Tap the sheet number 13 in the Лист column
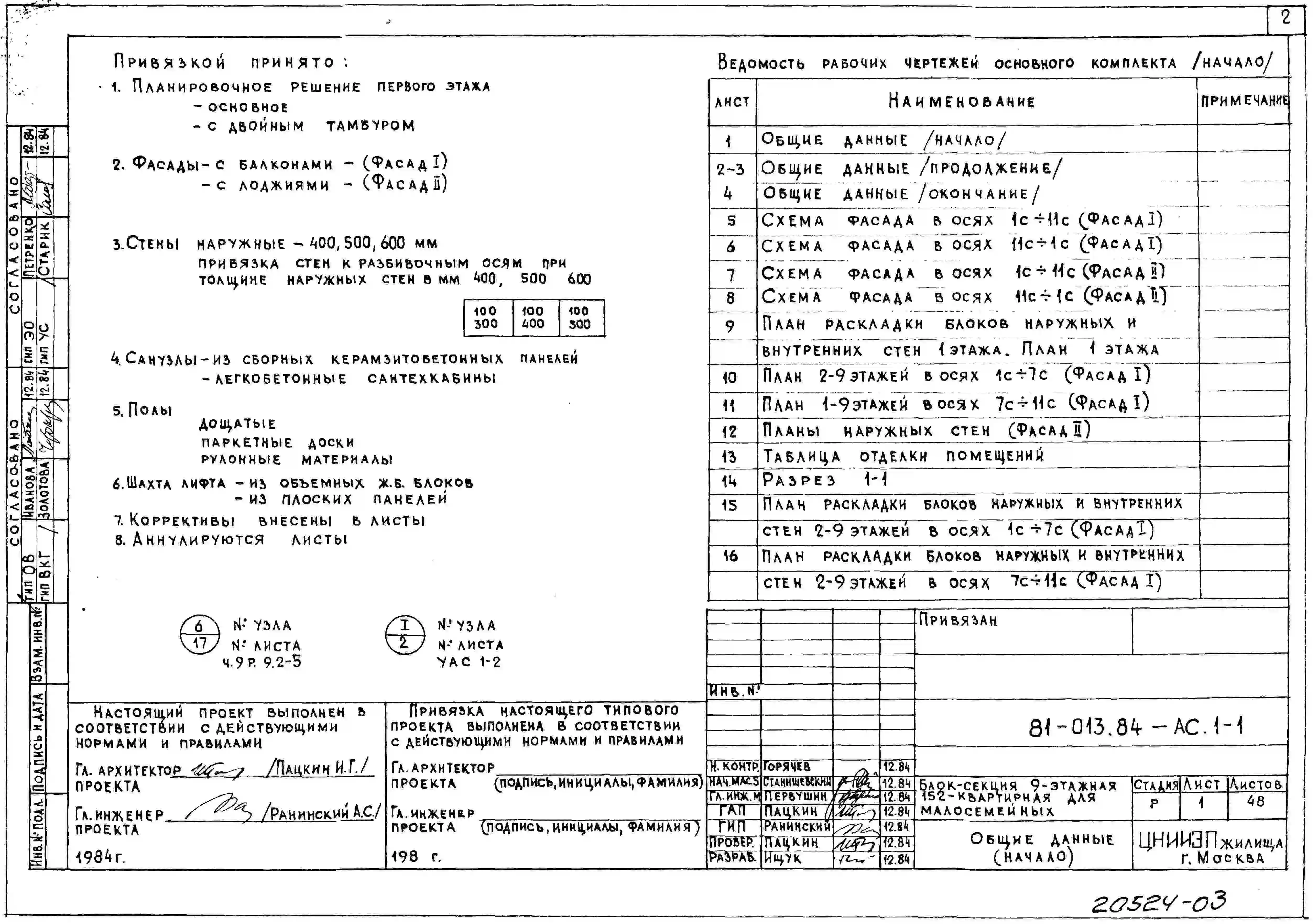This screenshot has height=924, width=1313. [x=729, y=457]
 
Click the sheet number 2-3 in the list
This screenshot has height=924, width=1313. [x=730, y=169]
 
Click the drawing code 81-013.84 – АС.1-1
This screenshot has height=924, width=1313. [x=1135, y=727]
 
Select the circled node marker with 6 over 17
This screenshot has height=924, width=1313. [x=199, y=634]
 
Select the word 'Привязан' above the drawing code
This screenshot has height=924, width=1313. [x=958, y=621]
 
